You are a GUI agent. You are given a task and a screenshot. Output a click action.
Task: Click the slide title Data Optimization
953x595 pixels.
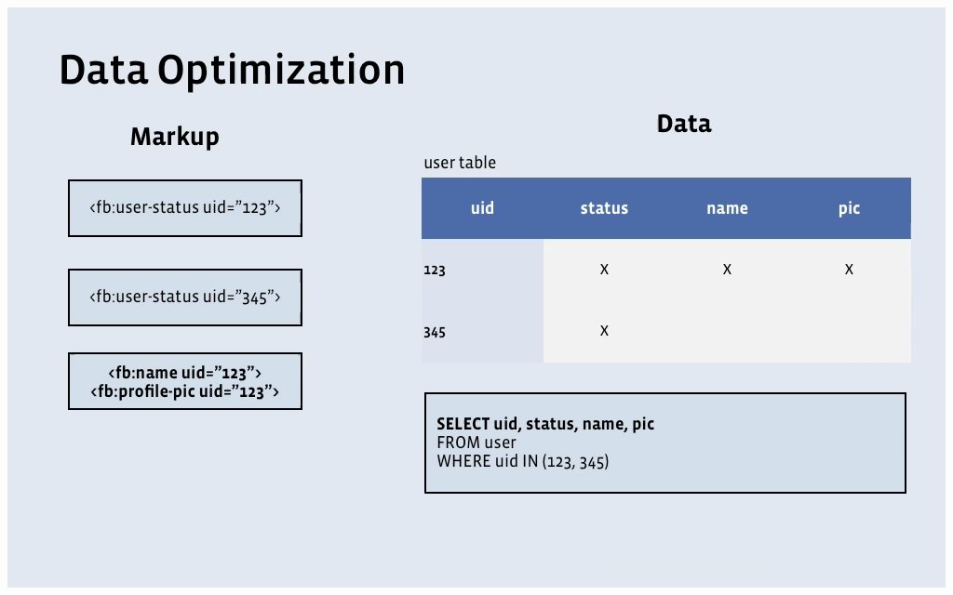232,70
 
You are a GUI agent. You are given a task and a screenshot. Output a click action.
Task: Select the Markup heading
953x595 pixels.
174,137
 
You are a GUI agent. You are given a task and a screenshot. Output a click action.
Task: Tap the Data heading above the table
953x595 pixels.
684,124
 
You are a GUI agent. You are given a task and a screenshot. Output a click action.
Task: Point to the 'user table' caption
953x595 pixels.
460,163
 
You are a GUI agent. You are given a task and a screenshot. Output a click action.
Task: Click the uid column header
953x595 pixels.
483,208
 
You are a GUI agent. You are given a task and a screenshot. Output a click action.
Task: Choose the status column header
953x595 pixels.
604,208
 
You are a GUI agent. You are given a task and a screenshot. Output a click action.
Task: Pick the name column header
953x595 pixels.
727,208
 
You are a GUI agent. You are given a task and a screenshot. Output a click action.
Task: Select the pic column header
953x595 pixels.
849,208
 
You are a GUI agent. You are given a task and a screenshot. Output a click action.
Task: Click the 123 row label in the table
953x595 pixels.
435,270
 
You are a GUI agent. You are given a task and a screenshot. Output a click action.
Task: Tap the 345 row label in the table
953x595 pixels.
435,332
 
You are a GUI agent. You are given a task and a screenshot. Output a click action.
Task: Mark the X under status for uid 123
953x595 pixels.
604,269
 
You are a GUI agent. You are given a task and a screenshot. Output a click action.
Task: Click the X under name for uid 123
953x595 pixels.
727,269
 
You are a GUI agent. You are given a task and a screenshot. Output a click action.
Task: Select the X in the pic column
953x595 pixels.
849,269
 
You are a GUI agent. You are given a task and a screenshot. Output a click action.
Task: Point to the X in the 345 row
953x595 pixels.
604,330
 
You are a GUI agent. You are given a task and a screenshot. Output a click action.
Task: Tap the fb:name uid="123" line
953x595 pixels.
185,372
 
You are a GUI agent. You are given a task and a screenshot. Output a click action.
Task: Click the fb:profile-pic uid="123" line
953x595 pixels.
185,391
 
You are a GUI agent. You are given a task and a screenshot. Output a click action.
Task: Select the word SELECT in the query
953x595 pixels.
463,424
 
